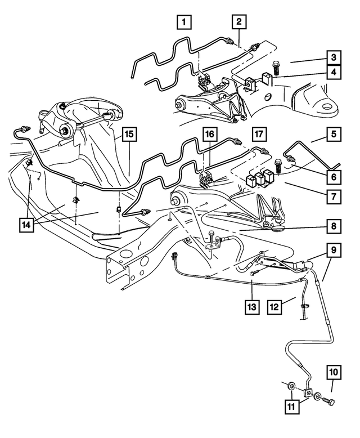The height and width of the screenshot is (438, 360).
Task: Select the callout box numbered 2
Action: [239, 23]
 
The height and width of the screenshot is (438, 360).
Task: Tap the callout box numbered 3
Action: [334, 57]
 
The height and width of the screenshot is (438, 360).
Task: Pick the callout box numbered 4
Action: [334, 73]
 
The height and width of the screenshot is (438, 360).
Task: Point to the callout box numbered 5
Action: [334, 135]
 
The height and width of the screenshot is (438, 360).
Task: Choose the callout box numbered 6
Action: [334, 176]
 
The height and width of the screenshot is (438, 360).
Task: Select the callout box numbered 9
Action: [334, 248]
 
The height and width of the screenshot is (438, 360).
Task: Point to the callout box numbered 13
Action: [251, 307]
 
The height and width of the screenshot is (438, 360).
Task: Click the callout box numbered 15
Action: [129, 135]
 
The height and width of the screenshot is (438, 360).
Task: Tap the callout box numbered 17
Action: [258, 135]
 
